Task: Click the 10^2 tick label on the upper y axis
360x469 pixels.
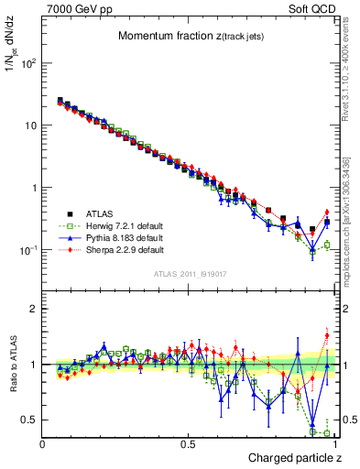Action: click(29, 63)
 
